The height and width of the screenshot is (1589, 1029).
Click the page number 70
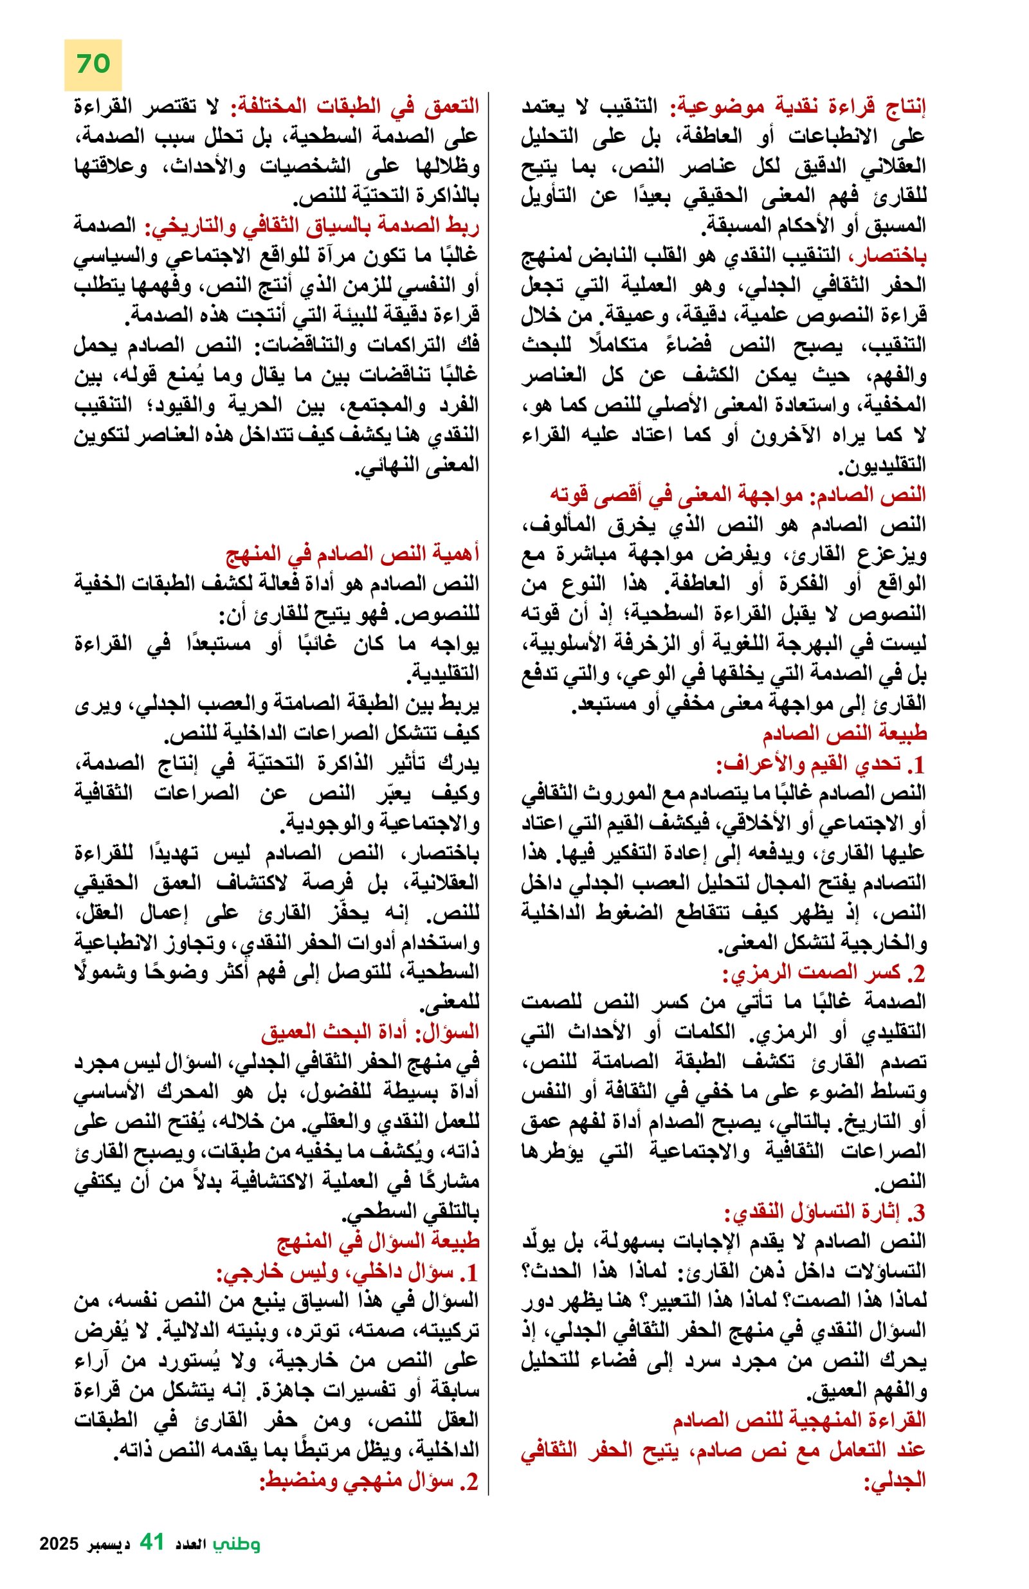[93, 64]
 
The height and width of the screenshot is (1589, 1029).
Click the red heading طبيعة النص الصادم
[844, 733]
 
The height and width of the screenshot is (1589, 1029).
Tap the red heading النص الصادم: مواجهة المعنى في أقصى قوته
[737, 495]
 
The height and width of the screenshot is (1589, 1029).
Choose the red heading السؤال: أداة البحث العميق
[370, 1031]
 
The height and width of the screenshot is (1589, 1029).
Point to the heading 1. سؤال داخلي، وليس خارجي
[347, 1272]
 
